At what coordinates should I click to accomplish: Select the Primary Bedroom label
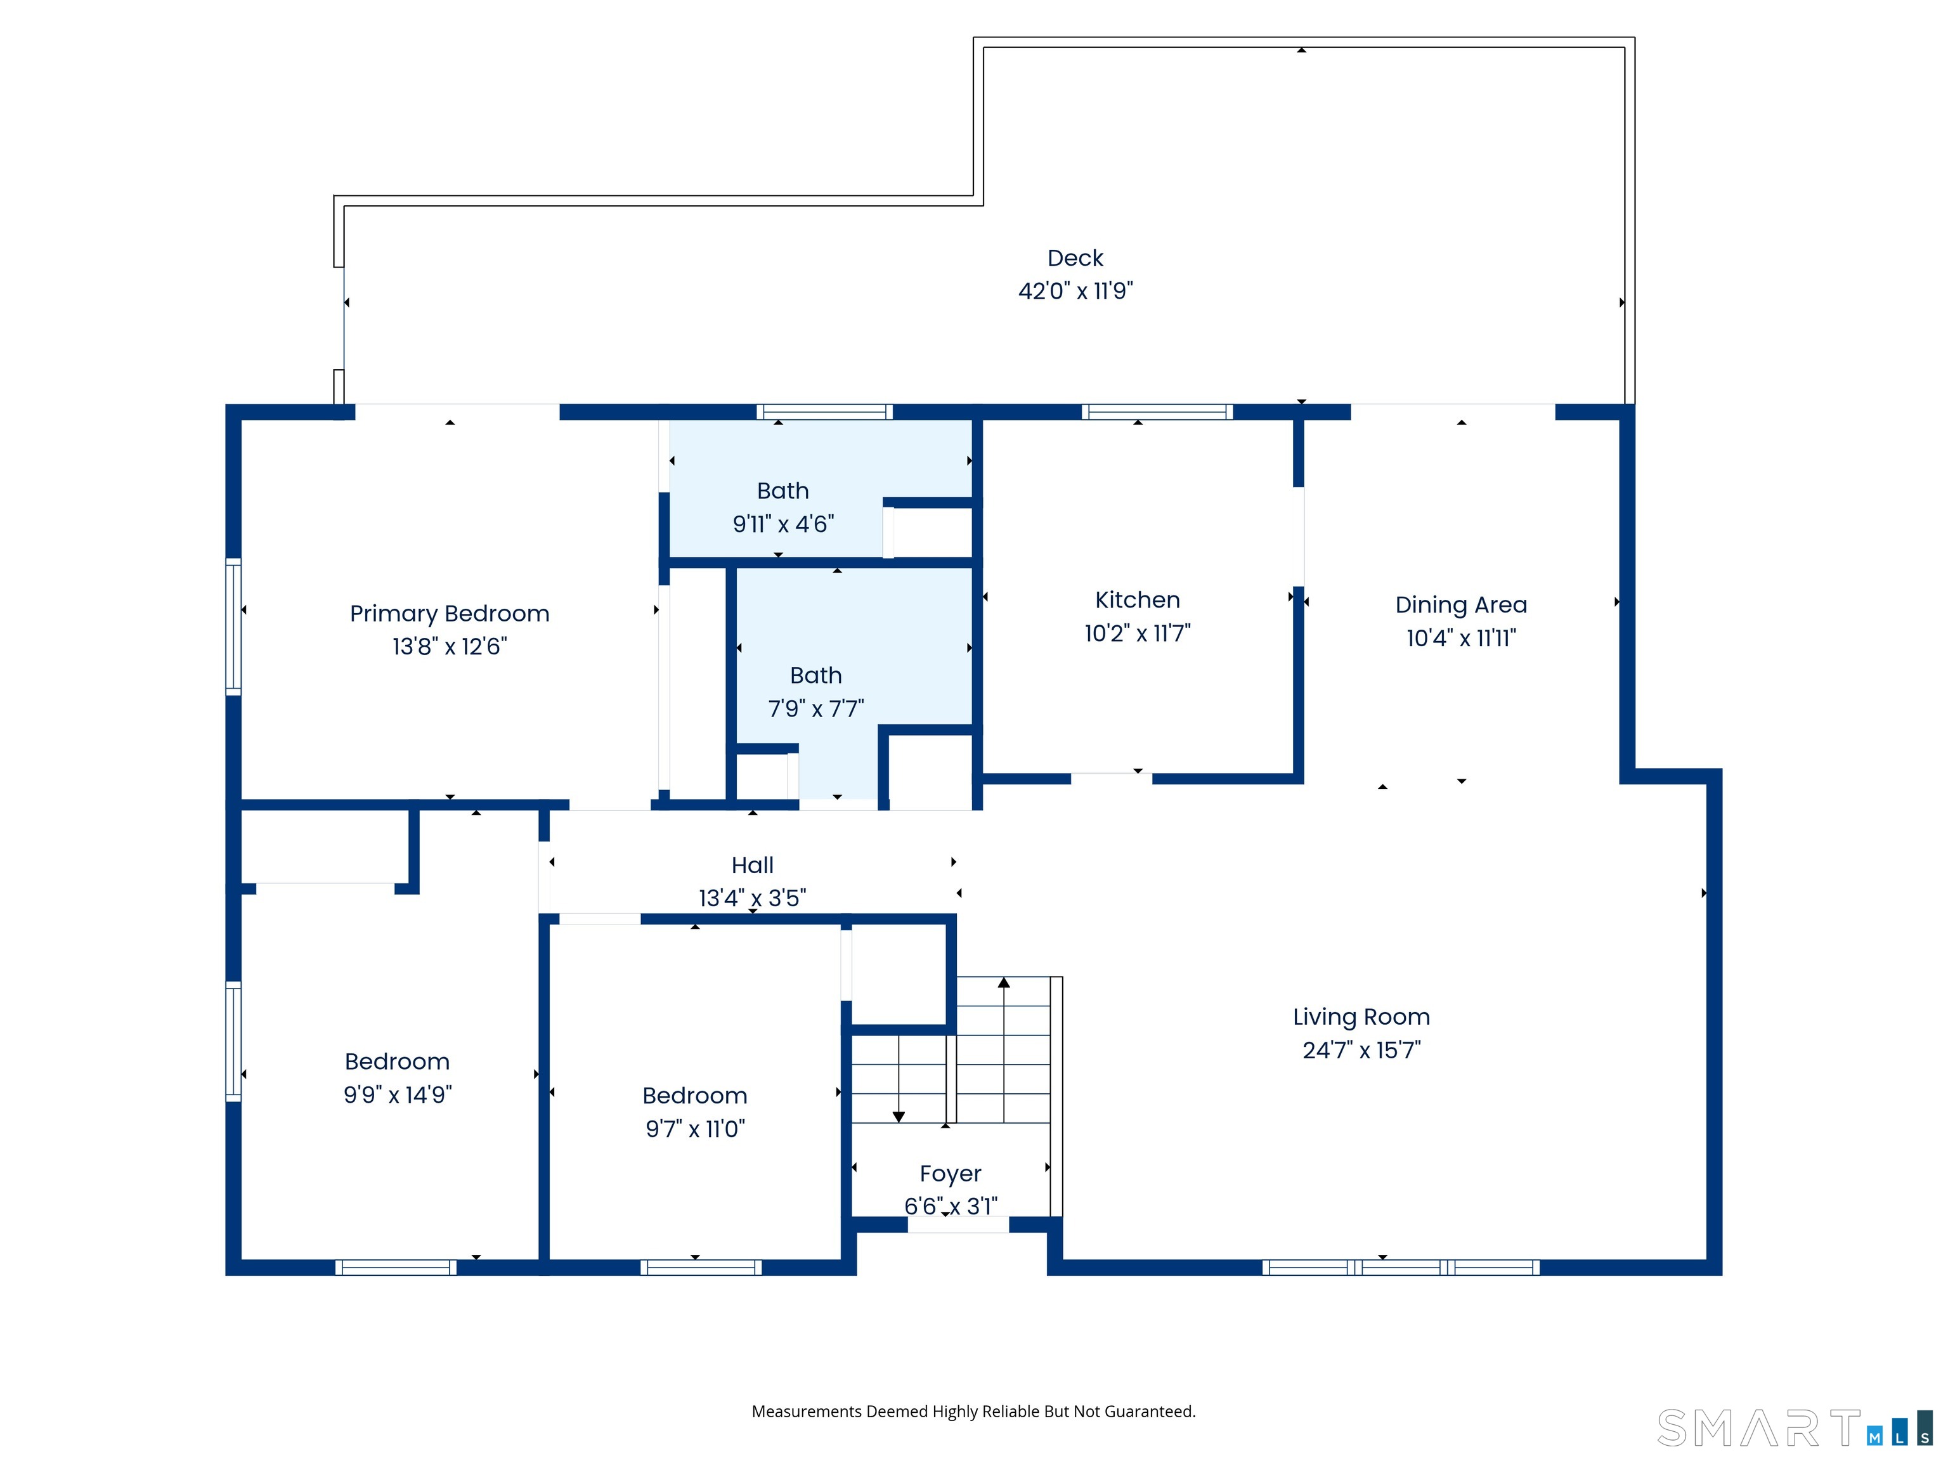(449, 614)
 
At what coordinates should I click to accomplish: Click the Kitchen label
(1137, 601)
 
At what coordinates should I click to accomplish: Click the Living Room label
(1361, 1017)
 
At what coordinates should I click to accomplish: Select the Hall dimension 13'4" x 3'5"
(752, 899)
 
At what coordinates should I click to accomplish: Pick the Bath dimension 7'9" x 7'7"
(815, 709)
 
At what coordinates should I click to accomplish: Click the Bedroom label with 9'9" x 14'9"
(397, 1062)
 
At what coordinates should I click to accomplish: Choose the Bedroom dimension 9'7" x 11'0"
(695, 1129)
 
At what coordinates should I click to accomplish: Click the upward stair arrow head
(1004, 983)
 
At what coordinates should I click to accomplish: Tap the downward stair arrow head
(899, 1117)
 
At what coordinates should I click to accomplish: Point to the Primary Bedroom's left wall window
(233, 626)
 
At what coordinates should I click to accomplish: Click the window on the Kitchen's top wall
(1156, 412)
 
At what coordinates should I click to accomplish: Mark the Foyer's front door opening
(958, 1225)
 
